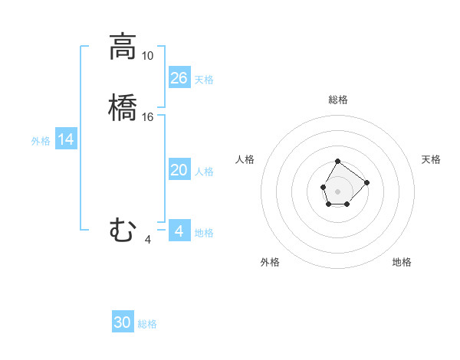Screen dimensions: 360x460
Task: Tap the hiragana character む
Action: pos(123,230)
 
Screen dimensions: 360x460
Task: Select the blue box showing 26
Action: pos(179,77)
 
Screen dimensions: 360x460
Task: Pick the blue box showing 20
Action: pos(179,170)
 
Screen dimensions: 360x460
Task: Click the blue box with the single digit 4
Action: pos(179,231)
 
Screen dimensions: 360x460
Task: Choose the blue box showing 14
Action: pos(66,139)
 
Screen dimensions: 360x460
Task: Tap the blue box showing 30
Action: pos(123,322)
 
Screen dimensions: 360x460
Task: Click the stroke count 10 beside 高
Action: pos(147,56)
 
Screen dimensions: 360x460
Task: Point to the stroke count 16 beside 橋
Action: pos(148,117)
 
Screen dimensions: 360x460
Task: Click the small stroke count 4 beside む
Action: pos(147,240)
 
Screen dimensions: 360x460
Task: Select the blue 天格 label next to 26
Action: pos(204,80)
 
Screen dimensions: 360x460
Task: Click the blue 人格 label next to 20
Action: pos(204,172)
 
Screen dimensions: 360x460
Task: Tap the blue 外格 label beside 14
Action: pos(41,141)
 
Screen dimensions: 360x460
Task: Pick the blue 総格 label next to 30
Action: pos(147,324)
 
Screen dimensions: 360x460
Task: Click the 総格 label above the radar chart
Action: pos(337,100)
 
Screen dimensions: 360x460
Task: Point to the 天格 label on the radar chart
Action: pos(431,159)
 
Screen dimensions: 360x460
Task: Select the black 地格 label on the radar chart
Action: pos(402,262)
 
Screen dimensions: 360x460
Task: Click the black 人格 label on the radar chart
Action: pos(245,159)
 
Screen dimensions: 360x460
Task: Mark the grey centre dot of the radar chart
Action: pos(337,190)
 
